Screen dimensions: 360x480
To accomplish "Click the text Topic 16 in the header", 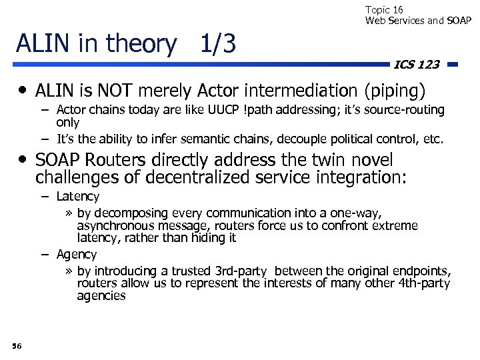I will pos(384,9).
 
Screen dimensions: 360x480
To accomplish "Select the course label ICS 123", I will pos(417,65).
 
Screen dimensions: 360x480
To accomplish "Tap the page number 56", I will pos(17,345).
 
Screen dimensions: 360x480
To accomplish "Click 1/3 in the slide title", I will pos(218,43).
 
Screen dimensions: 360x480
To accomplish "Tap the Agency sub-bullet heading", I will pos(76,254).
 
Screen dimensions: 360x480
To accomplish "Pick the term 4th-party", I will pos(418,283).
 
